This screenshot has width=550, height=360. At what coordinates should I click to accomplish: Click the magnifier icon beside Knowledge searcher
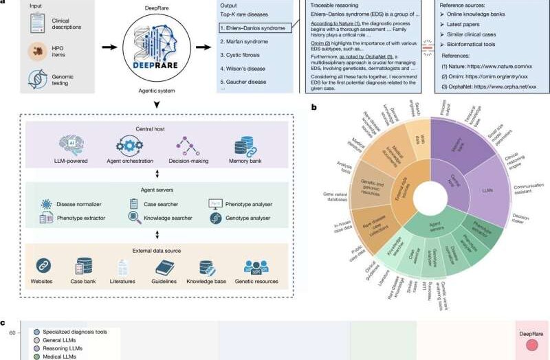tap(135, 218)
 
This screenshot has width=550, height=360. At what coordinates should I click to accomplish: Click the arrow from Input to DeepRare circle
tap(90, 48)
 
